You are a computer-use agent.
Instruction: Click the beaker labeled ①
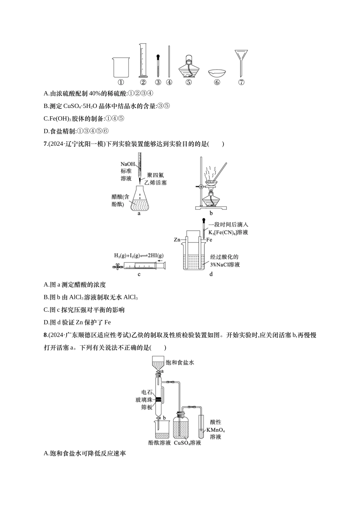click(121, 67)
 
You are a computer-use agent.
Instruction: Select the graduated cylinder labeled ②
click(142, 61)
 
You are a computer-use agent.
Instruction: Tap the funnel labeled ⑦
click(241, 62)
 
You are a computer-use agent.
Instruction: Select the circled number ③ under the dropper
click(158, 82)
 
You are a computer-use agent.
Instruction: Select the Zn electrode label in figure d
click(177, 240)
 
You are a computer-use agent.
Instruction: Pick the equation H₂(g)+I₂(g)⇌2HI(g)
click(138, 255)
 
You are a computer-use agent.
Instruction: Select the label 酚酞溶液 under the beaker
click(160, 443)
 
